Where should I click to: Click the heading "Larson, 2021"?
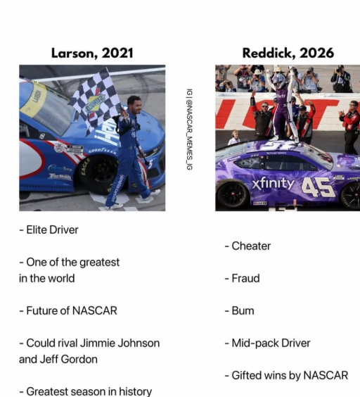(x=92, y=53)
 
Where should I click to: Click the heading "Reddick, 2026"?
(x=288, y=53)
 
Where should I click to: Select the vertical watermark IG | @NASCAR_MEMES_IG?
(x=189, y=128)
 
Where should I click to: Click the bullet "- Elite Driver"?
(x=49, y=229)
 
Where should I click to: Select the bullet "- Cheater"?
(x=247, y=246)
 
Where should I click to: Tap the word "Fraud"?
(x=245, y=278)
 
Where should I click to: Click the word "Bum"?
(x=243, y=310)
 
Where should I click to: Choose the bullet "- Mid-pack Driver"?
(x=267, y=343)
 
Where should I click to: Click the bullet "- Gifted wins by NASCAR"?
(x=286, y=375)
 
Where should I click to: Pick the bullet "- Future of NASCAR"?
(x=68, y=310)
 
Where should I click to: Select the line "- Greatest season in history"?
(x=85, y=391)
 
